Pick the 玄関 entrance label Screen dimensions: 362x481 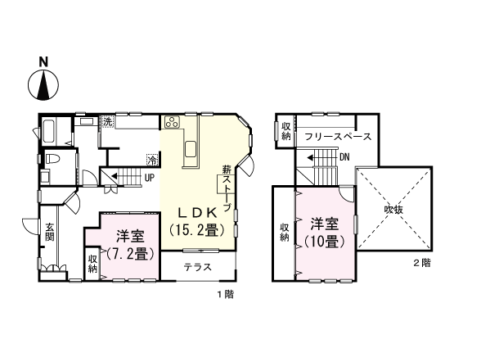49,232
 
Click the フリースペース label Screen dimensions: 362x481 338,136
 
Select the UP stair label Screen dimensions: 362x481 150,177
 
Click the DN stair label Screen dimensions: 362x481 344,156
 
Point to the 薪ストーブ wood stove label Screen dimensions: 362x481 227,188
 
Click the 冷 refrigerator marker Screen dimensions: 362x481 152,159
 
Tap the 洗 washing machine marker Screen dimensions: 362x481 107,122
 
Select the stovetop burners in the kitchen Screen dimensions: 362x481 172,123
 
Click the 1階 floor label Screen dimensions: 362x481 224,293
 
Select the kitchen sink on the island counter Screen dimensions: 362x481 191,148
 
